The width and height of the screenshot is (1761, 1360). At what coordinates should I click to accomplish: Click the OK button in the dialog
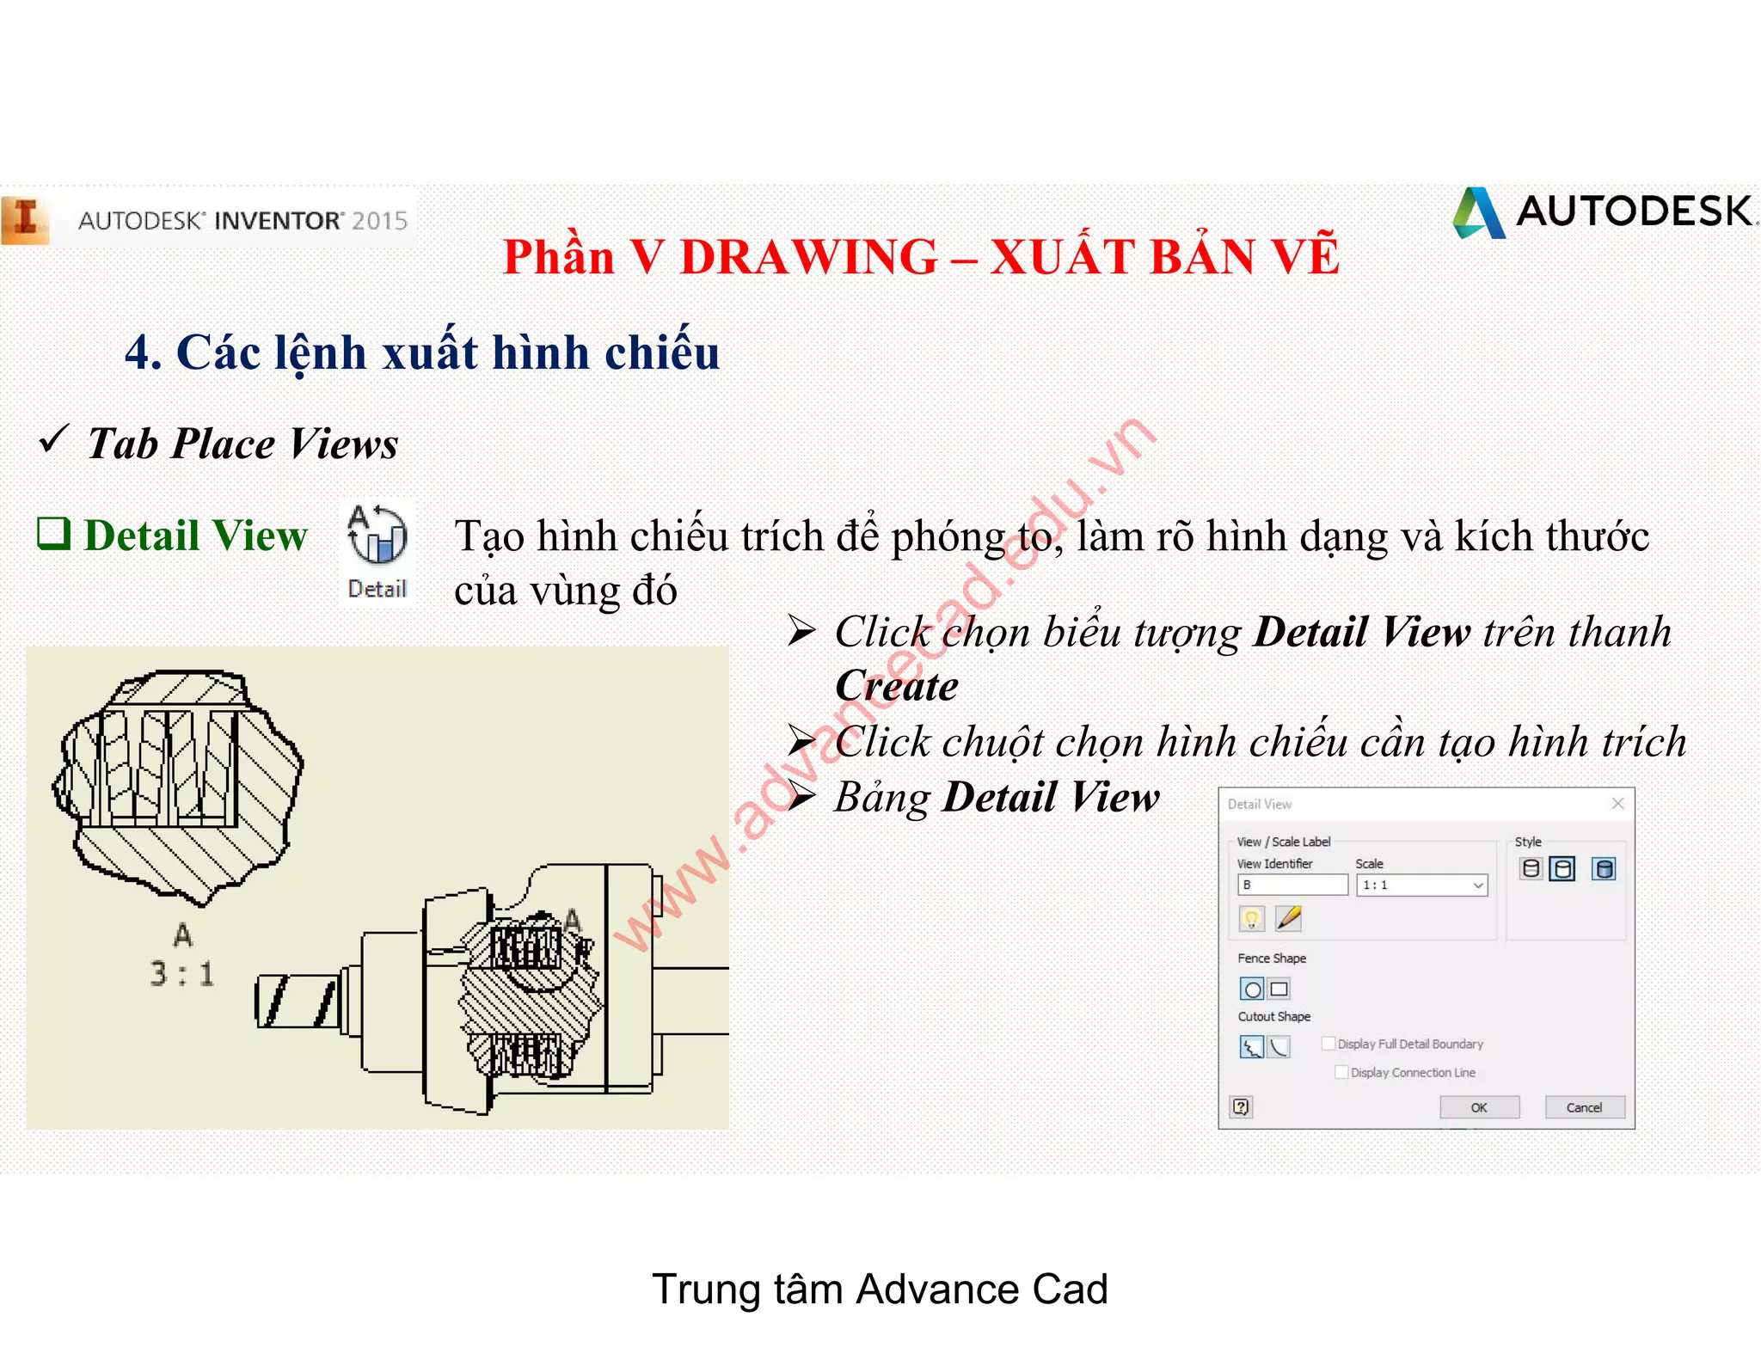pos(1479,1107)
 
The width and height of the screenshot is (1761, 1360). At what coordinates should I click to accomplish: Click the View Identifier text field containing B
pos(1292,885)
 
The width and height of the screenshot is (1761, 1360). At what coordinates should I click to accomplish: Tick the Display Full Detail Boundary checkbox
pos(1329,1044)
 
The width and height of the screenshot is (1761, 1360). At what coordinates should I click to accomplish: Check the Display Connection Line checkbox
pos(1341,1072)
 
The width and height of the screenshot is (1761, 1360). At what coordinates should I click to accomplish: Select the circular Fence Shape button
pos(1252,989)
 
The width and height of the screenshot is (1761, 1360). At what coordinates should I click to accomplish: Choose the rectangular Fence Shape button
pos(1279,989)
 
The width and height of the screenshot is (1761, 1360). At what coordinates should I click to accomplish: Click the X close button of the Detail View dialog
pos(1617,804)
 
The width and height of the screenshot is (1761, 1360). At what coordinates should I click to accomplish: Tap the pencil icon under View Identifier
pos(1288,918)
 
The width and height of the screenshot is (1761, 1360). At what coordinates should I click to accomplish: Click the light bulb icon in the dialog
pos(1252,919)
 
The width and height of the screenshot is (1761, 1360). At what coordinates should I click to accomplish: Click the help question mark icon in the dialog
pos(1241,1107)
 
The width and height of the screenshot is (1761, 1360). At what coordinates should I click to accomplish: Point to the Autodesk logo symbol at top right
pos(1479,212)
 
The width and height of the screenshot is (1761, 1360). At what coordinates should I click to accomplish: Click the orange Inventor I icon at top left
pos(26,219)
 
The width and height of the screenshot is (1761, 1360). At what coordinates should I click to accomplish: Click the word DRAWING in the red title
pos(808,257)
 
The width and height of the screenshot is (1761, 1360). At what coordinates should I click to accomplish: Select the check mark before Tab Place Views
pos(53,440)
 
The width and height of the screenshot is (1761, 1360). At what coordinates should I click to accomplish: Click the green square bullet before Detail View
pos(53,534)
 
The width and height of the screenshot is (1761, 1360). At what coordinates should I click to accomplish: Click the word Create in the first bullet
pos(896,687)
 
